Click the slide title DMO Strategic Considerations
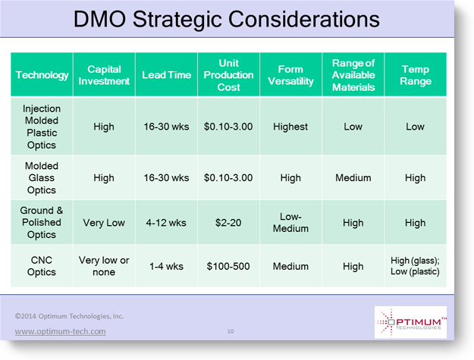[227, 20]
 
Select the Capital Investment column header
[104, 75]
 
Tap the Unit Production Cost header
[228, 75]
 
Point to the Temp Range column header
[416, 75]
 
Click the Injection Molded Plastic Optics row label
[42, 127]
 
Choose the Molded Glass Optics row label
[42, 177]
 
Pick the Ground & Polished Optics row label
[42, 222]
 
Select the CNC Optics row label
[42, 266]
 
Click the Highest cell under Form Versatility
[290, 127]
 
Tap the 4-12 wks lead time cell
[166, 223]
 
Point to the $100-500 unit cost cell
[228, 266]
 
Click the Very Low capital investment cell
[104, 223]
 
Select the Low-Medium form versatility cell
[290, 222]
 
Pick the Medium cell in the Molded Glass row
[353, 177]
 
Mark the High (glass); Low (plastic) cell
[415, 266]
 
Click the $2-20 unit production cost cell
[228, 223]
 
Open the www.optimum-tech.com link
[60, 331]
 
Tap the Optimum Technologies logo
[410, 322]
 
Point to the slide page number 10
[231, 331]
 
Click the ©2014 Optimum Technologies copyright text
[69, 316]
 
